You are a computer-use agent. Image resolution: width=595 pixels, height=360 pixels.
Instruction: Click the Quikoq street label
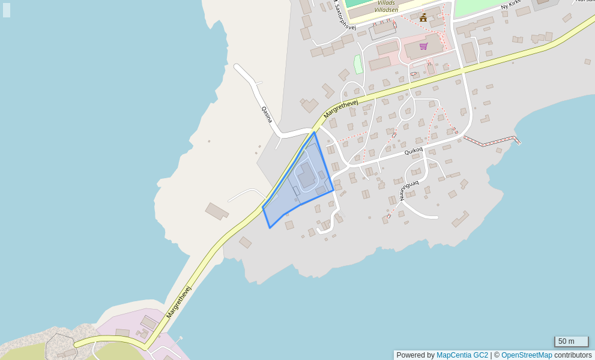click(413, 151)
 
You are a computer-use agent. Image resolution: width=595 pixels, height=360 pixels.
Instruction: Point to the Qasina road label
click(267, 115)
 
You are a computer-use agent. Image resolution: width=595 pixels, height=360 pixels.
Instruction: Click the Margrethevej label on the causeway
click(178, 302)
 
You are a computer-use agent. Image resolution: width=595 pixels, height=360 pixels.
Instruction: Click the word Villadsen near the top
click(386, 10)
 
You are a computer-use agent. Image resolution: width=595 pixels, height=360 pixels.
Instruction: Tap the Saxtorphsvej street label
click(345, 17)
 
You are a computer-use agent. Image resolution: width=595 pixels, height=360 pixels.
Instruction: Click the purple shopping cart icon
click(423, 46)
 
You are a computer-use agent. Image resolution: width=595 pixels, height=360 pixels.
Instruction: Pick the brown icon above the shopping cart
click(423, 17)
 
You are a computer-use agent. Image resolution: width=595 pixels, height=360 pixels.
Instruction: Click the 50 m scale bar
click(571, 341)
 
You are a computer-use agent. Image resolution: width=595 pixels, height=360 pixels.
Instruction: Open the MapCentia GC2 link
click(462, 355)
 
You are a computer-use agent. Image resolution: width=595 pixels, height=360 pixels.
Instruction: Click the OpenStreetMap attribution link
click(527, 355)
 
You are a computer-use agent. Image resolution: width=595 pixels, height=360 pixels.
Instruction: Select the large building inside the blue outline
click(306, 175)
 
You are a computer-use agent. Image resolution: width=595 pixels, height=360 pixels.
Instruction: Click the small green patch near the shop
click(358, 64)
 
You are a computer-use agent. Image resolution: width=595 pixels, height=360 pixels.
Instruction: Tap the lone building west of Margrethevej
click(217, 211)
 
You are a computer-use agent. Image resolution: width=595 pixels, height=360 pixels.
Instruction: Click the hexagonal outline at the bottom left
click(61, 347)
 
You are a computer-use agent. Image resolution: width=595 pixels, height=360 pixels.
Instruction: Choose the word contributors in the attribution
click(573, 355)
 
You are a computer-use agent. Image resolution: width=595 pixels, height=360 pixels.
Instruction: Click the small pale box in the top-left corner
click(7, 10)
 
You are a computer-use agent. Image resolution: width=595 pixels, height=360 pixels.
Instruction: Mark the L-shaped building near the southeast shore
click(461, 219)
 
